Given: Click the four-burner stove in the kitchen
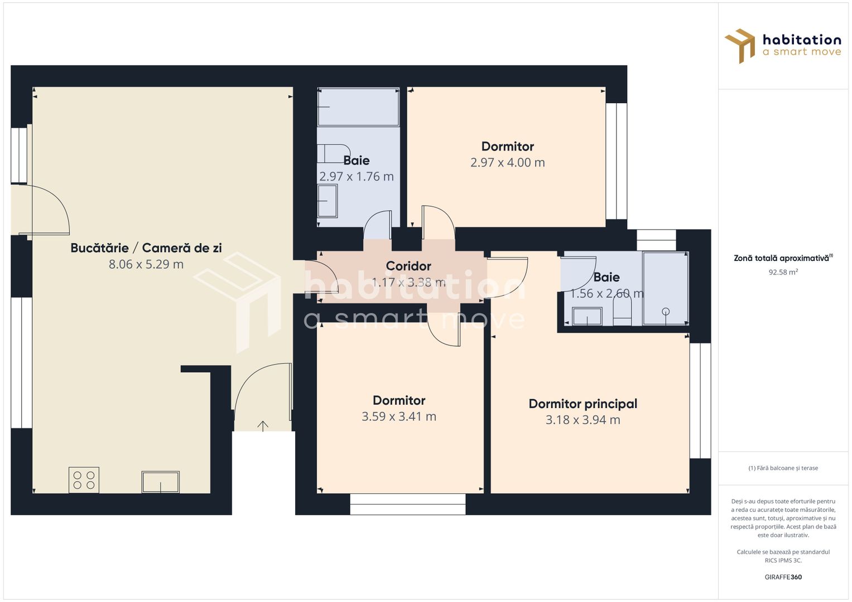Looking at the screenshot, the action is [84, 480].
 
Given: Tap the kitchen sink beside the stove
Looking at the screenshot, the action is [161, 482].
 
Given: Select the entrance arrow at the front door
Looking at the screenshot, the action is [263, 426].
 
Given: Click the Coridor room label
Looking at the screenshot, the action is [408, 266].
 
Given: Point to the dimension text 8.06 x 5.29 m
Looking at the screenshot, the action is [146, 264].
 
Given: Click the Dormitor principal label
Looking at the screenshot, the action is [583, 404].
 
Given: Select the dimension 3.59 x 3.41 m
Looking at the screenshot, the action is [398, 416].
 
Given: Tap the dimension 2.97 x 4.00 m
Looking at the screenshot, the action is [507, 163].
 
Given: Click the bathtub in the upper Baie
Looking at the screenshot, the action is [358, 107].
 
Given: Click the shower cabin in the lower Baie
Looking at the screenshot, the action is [665, 289].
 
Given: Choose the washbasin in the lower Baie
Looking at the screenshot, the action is [587, 317].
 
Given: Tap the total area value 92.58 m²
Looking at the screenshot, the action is [783, 272].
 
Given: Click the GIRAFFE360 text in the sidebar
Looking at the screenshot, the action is [783, 577].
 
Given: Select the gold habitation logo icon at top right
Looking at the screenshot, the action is [740, 46].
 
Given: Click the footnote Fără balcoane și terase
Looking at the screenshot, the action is [783, 468].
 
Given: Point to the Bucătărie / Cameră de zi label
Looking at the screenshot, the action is [146, 248].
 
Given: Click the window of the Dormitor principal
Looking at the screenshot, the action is [700, 401].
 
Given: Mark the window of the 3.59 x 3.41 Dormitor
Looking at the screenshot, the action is [408, 504].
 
